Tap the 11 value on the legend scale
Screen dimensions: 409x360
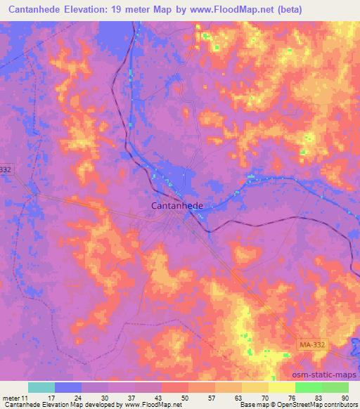pyautogui.click(x=27, y=397)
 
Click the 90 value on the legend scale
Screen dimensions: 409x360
pyautogui.click(x=345, y=397)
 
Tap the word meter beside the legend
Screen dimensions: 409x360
pyautogui.click(x=11, y=397)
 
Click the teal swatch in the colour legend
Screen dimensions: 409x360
pyautogui.click(x=41, y=387)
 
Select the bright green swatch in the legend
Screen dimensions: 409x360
pyautogui.click(x=308, y=387)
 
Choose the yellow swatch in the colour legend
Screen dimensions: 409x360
pyautogui.click(x=281, y=387)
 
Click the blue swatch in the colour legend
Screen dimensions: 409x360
pyautogui.click(x=68, y=387)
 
